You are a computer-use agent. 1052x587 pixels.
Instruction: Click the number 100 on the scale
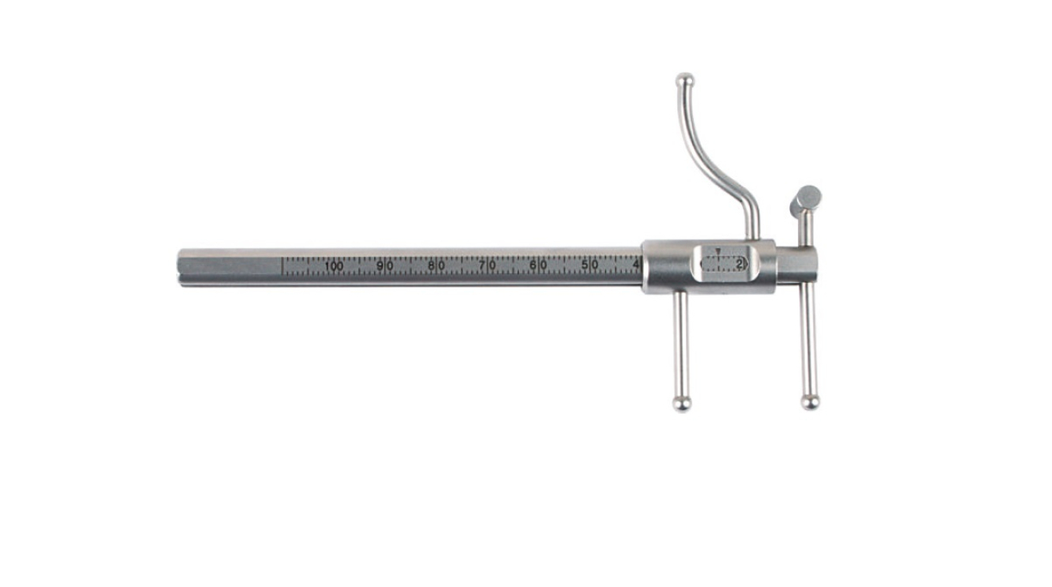pos(334,266)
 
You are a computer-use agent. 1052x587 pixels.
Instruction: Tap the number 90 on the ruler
pos(385,266)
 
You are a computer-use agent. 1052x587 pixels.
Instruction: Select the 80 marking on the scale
pos(436,266)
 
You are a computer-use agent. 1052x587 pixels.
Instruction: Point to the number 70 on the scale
pos(488,266)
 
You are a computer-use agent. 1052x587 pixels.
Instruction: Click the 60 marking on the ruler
pos(539,266)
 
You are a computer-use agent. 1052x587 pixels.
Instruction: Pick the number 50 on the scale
pos(590,266)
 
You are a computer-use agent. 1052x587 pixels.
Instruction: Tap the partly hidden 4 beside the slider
pos(636,265)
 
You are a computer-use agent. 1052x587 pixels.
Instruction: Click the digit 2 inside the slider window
pos(739,265)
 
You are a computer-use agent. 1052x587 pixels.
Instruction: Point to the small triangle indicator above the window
pos(717,251)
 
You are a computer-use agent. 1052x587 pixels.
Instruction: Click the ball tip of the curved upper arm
pos(684,80)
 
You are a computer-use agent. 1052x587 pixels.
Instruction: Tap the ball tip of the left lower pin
pos(681,403)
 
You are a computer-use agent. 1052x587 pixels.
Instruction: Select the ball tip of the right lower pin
pos(810,402)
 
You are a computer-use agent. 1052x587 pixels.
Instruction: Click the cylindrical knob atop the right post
pos(807,199)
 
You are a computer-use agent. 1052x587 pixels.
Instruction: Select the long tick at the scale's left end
pos(283,265)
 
